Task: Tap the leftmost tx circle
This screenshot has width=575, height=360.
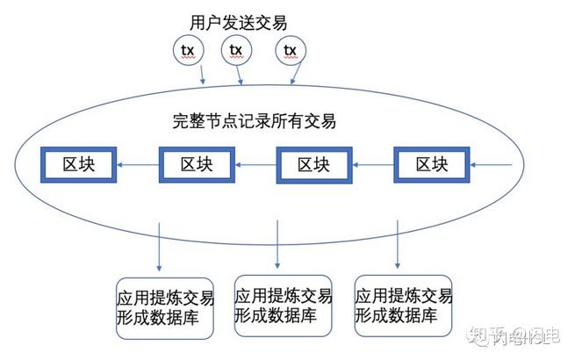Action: point(188,50)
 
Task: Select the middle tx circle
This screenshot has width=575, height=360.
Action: point(236,50)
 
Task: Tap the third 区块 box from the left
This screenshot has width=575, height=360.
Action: point(314,164)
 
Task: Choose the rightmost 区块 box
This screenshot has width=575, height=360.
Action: point(432,164)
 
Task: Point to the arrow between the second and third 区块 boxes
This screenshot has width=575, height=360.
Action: point(255,165)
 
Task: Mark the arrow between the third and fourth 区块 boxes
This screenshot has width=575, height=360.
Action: point(373,165)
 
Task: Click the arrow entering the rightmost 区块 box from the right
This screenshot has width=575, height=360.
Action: point(492,165)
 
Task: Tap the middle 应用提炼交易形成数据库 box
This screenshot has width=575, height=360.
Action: point(283,303)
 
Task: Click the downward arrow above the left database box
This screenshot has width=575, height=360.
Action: point(159,246)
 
